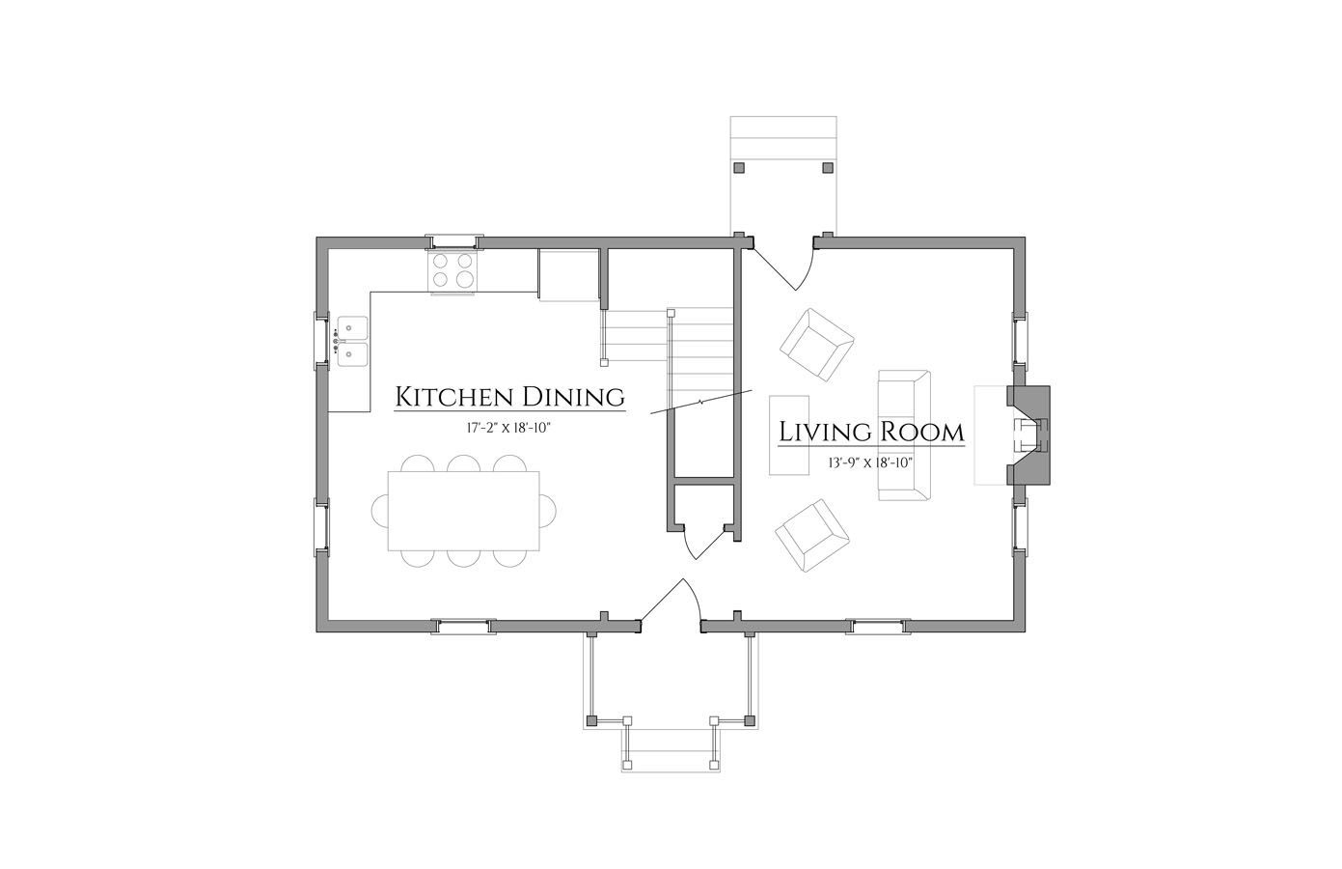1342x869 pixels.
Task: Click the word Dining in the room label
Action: (x=574, y=398)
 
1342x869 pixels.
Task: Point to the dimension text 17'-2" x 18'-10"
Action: (x=508, y=428)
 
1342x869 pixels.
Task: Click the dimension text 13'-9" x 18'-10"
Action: (x=870, y=463)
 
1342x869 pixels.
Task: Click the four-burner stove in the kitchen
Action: (x=452, y=271)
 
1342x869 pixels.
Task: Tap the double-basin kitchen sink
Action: (x=352, y=341)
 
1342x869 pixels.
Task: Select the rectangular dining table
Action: (x=464, y=511)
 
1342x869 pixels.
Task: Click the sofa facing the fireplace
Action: (x=904, y=435)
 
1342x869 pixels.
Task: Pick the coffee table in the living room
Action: (x=789, y=435)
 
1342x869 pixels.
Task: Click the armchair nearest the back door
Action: (x=816, y=345)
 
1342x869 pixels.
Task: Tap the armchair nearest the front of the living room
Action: (x=812, y=536)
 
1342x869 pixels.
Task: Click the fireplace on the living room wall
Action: (x=1028, y=434)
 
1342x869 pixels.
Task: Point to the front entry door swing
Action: (x=671, y=600)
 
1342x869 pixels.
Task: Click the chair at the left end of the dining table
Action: (x=380, y=511)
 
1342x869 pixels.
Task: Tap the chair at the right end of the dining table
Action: (x=548, y=511)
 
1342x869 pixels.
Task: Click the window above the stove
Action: (x=454, y=241)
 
